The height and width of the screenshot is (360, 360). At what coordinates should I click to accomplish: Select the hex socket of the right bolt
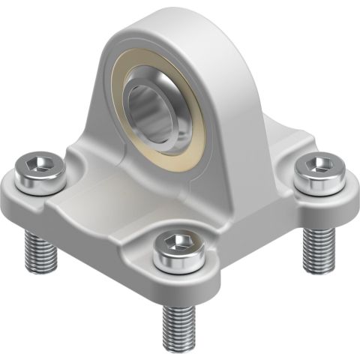[319, 164]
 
